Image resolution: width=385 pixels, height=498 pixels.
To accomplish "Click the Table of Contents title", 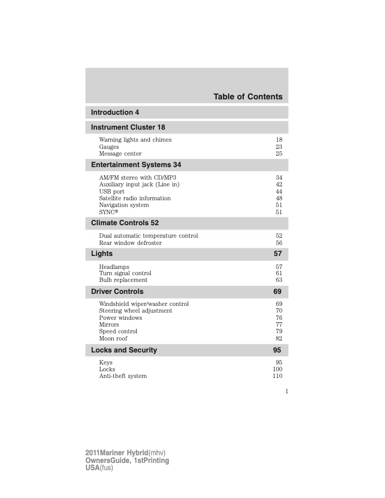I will coord(248,97).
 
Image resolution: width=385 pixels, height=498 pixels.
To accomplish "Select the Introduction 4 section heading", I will coord(115,112).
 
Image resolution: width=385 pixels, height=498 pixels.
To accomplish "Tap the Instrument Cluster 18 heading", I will coord(128,127).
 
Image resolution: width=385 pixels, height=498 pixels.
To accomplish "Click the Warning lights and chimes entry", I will coord(135,140).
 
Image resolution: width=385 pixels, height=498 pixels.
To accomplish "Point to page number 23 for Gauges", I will coord(279,147).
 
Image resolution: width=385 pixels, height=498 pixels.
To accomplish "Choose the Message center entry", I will coord(120,154).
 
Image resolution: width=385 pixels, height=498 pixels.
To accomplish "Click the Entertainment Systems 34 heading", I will coord(136,165).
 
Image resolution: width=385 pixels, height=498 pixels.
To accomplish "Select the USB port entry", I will coord(112,192).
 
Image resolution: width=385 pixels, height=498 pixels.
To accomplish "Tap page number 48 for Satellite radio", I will coord(279,198).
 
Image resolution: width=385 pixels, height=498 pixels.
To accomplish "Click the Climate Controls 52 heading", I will coord(125,223).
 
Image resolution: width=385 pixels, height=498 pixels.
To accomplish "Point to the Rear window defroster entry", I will coord(131,243).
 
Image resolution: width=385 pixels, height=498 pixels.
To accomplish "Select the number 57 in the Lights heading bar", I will coord(278,254).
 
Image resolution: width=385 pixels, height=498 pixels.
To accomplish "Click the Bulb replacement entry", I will coord(123,280).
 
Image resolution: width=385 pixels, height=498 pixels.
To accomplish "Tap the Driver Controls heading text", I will coord(117,292).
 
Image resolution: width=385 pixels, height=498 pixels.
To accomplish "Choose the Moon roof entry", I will coord(113,339).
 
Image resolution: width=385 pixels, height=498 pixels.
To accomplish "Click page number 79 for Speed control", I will coord(279,331).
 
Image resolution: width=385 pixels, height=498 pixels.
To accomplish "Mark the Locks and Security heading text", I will coord(124,350).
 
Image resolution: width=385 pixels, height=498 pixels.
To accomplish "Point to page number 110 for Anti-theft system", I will coord(277,376).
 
